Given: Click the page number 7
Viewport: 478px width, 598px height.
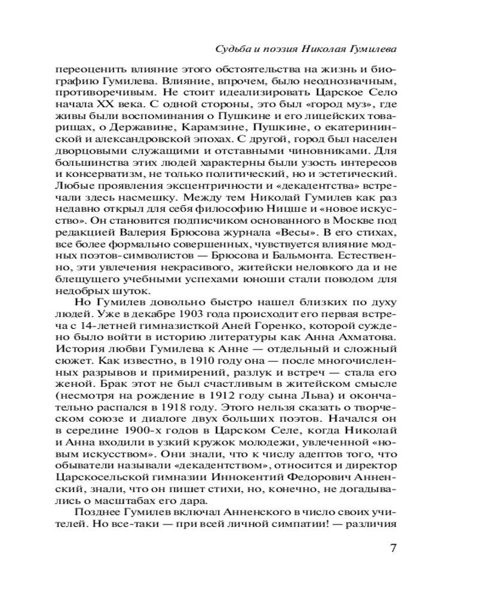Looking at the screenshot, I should tap(392, 549).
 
